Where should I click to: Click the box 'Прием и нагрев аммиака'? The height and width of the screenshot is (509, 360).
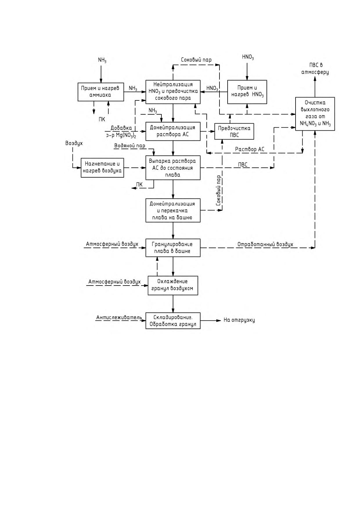(101, 92)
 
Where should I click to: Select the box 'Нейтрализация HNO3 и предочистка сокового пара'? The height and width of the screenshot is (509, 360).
(173, 92)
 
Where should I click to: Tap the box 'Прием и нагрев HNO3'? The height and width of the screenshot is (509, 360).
(247, 92)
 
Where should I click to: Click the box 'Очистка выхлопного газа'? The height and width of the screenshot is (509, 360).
(315, 114)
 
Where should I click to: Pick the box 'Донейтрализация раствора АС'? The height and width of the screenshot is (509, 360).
(173, 131)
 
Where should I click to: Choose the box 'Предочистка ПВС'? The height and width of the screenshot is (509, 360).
(234, 131)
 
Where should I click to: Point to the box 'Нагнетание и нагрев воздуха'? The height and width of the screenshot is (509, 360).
(102, 168)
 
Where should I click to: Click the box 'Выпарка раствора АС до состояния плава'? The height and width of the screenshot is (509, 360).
(173, 168)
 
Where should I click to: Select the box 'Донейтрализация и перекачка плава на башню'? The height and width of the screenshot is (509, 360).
(173, 210)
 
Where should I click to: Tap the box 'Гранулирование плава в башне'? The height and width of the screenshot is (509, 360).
(173, 248)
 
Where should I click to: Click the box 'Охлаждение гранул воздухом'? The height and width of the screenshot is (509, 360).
(173, 285)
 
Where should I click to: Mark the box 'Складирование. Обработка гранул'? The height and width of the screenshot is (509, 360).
(173, 320)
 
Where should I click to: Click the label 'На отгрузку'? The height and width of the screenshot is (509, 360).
(239, 320)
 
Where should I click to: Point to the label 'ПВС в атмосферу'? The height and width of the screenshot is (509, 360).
(315, 69)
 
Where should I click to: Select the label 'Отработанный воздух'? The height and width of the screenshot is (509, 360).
(265, 244)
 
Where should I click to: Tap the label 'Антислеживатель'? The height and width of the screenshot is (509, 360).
(119, 317)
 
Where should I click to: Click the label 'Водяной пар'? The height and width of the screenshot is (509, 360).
(130, 146)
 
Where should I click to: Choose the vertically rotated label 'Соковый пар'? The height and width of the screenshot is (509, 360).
(219, 191)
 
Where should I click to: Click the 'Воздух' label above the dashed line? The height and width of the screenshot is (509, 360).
(74, 143)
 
